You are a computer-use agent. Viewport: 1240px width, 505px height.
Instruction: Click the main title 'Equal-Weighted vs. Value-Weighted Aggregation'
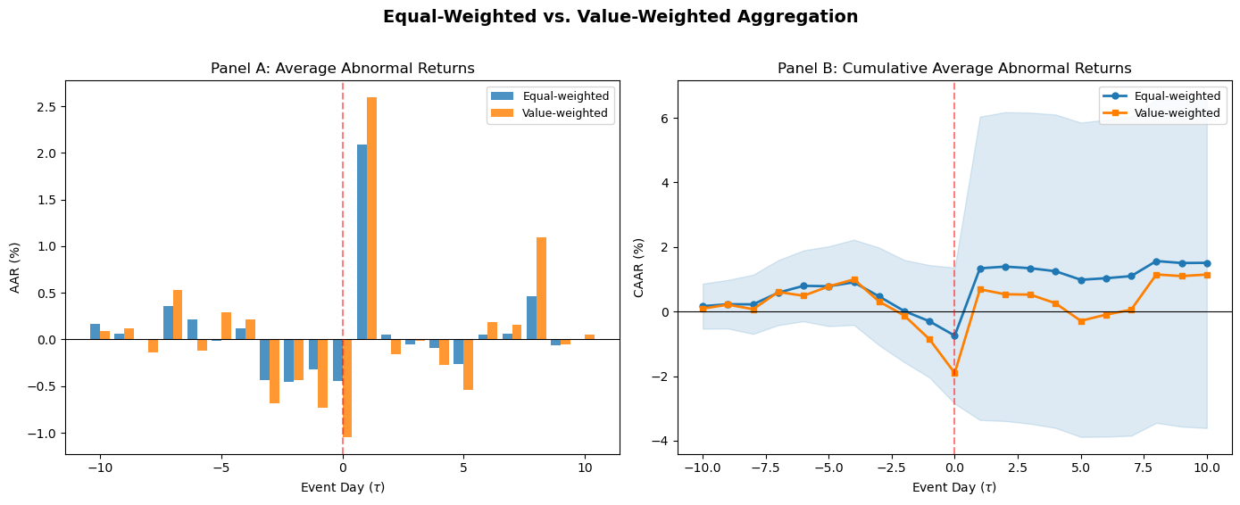pos(620,17)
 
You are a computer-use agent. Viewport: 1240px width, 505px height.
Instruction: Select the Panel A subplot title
pos(342,69)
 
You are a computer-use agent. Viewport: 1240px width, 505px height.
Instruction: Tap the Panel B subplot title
pos(953,69)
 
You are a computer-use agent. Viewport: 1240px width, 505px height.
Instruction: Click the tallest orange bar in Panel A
pos(371,218)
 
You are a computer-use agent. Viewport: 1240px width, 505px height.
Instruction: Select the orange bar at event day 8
pos(541,288)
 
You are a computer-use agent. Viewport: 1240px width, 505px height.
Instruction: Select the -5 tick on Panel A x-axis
pos(221,467)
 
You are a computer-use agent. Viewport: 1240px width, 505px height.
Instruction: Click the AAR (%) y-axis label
pos(15,268)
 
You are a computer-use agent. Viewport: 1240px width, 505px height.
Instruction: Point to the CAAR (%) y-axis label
pos(638,268)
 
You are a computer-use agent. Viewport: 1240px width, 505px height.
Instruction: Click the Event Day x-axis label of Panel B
pos(953,487)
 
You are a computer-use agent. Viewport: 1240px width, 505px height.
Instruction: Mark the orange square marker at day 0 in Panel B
pos(954,373)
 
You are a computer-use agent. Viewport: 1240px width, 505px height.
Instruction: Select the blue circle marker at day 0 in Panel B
pos(954,335)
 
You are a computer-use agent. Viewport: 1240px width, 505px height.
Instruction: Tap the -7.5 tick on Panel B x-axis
pos(764,467)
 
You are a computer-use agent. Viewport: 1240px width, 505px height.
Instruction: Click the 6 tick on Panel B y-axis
pos(664,119)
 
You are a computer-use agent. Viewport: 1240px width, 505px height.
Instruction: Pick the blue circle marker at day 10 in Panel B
pos(1207,263)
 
